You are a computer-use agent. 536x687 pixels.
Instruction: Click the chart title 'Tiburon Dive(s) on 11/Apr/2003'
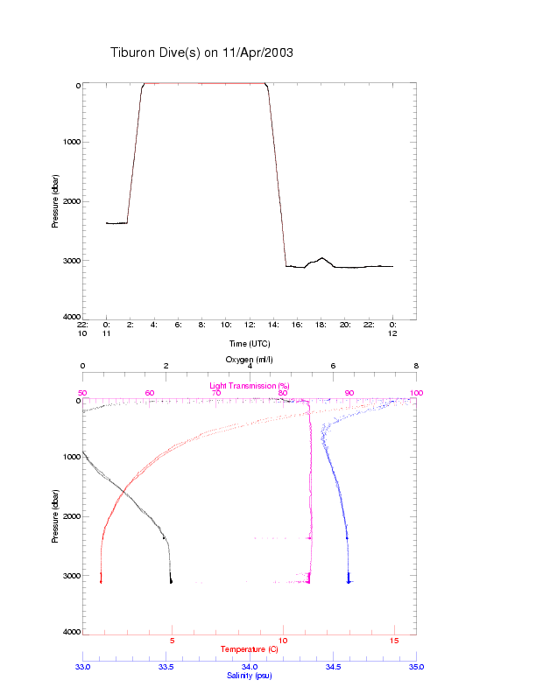click(201, 53)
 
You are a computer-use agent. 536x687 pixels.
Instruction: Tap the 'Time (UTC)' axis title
click(250, 343)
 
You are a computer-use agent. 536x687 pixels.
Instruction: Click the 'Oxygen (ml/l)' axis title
click(250, 360)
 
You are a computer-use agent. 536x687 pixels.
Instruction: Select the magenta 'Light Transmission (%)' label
click(250, 385)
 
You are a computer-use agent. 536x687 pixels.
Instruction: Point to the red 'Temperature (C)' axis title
click(249, 649)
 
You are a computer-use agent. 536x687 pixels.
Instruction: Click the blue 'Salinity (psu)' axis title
click(250, 676)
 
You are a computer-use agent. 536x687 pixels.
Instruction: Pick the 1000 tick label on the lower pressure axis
click(70, 457)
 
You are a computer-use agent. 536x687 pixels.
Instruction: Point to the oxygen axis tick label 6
click(333, 367)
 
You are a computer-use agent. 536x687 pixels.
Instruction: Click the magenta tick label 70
click(216, 393)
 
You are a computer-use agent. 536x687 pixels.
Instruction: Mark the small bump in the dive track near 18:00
click(321, 259)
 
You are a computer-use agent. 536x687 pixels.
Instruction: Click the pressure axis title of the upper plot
click(55, 200)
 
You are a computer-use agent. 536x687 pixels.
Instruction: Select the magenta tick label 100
click(415, 393)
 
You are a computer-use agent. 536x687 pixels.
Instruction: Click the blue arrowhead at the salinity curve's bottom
click(349, 579)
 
